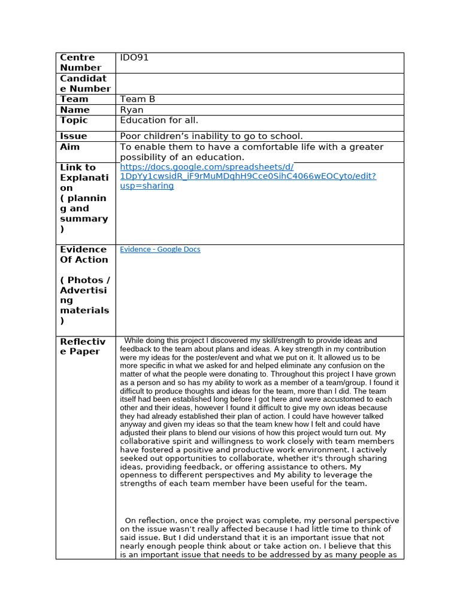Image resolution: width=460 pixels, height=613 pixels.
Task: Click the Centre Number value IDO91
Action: coord(134,58)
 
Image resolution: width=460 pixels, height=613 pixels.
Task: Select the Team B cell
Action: coord(137,99)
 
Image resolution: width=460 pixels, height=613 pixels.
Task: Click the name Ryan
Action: coord(132,110)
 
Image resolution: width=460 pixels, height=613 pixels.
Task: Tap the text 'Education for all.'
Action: coord(159,120)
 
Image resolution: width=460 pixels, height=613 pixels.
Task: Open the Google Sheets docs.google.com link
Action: coord(248,177)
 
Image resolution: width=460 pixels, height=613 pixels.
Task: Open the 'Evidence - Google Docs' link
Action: coord(160,250)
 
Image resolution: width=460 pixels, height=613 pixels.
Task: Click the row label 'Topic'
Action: coord(74,120)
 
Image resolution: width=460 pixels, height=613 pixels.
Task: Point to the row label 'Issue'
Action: coord(74,136)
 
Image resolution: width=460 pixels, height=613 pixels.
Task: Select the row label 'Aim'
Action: coord(69,147)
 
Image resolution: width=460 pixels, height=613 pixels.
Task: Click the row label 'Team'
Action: coord(74,99)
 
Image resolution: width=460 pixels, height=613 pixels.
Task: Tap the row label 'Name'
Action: coord(75,110)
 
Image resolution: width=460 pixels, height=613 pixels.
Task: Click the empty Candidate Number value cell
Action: coord(259,84)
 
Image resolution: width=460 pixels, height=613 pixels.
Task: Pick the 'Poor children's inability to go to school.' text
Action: coord(211,136)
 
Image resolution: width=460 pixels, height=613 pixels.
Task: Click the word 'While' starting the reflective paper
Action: coord(135,341)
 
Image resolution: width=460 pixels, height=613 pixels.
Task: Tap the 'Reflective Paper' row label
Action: coord(83,347)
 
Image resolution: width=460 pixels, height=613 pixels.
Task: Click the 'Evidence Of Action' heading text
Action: coord(84,254)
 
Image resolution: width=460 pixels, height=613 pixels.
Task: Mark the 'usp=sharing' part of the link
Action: coord(147,186)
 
